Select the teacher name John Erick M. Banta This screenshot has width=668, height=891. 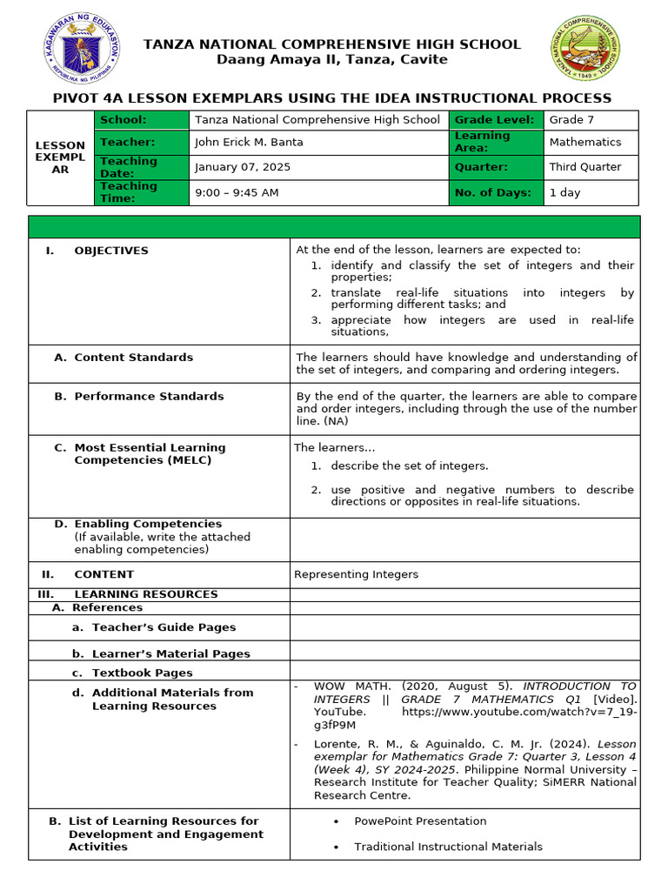[249, 142]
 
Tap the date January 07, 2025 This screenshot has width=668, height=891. [243, 167]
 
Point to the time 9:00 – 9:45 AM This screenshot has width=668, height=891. [237, 192]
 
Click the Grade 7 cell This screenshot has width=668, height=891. [571, 120]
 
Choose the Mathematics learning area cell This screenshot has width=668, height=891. [585, 142]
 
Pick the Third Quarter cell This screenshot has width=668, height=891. [585, 167]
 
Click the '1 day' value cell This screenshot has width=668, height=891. [564, 192]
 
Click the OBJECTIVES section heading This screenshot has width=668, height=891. [111, 251]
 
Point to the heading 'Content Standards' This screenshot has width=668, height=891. [134, 358]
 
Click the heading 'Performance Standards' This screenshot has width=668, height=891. [149, 397]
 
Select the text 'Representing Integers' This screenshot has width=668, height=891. [356, 574]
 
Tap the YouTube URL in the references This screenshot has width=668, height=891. [518, 712]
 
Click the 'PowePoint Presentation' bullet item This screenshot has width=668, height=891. [420, 821]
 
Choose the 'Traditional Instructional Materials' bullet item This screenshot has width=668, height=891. [448, 847]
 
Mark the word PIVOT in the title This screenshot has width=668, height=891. [79, 98]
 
